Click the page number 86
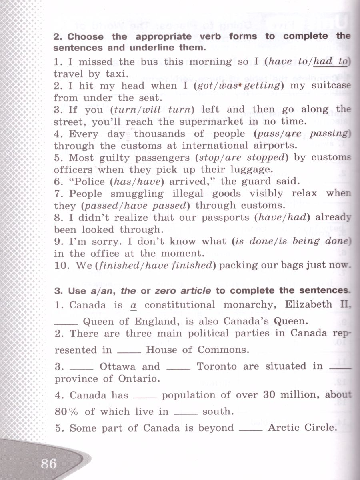click(x=49, y=464)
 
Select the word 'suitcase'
click(x=331, y=86)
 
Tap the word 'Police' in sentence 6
click(x=86, y=181)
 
